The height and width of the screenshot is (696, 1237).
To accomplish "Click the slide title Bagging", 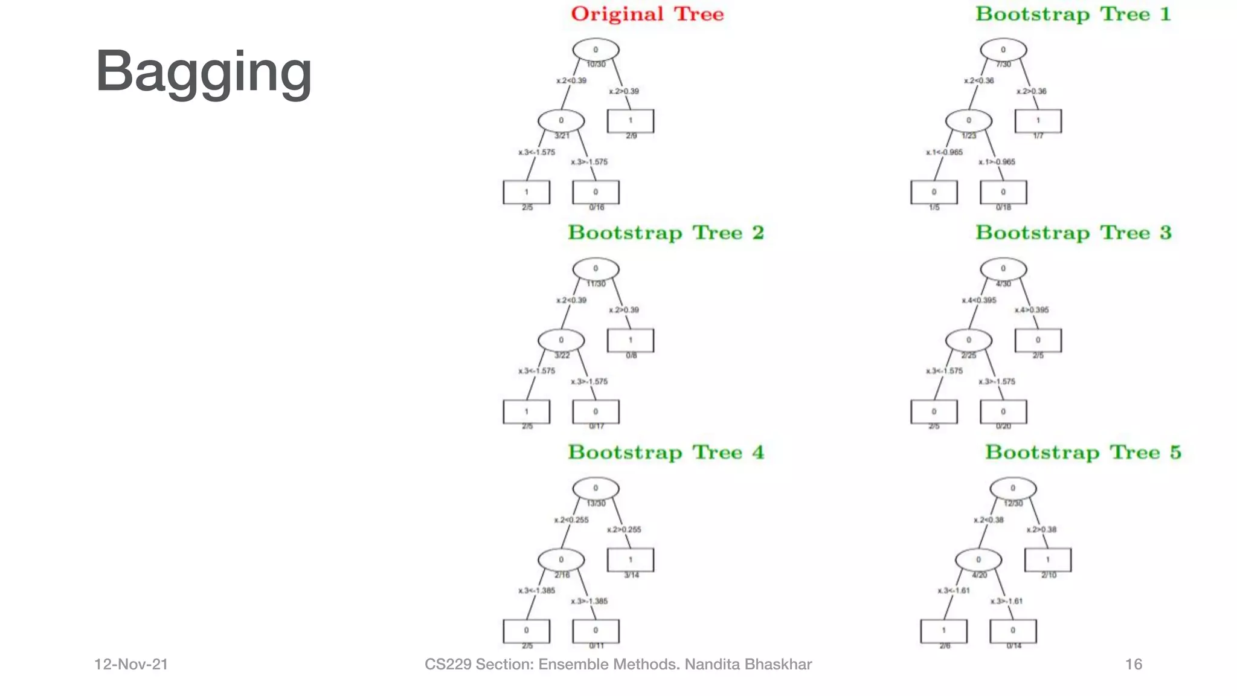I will (x=204, y=72).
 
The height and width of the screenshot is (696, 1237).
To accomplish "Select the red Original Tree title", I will (x=647, y=14).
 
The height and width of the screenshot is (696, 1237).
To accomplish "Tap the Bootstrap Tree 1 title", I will (x=1073, y=14).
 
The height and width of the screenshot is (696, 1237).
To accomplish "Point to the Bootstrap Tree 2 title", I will (x=666, y=233).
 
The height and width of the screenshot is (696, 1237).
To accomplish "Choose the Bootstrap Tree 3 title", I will (x=1073, y=233).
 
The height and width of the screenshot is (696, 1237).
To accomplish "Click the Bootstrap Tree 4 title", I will (x=666, y=453).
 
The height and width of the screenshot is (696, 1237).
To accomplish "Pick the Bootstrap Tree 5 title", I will (x=1083, y=453).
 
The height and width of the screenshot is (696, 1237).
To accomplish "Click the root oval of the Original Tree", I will (x=596, y=50).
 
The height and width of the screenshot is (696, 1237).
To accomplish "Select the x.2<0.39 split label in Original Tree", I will (x=571, y=80).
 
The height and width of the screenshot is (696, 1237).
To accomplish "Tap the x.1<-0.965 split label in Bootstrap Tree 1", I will (x=944, y=152).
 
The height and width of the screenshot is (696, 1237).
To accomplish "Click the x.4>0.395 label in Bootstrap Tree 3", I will (x=1032, y=310).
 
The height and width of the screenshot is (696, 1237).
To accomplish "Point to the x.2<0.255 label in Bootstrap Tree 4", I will (x=571, y=520).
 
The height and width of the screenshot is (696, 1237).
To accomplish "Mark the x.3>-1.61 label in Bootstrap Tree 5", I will (x=1006, y=601).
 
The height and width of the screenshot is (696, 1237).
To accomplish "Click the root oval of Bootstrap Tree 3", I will (x=1003, y=269).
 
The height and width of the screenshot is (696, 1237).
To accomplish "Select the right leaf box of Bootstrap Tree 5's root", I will (x=1048, y=559).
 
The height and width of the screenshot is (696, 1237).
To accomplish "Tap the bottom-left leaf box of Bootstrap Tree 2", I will (x=526, y=411).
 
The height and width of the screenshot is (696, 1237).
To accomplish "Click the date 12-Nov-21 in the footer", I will (x=131, y=665).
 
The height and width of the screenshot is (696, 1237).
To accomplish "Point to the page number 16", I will (x=1134, y=665).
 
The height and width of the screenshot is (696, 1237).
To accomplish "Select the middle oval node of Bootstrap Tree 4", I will (x=561, y=559).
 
